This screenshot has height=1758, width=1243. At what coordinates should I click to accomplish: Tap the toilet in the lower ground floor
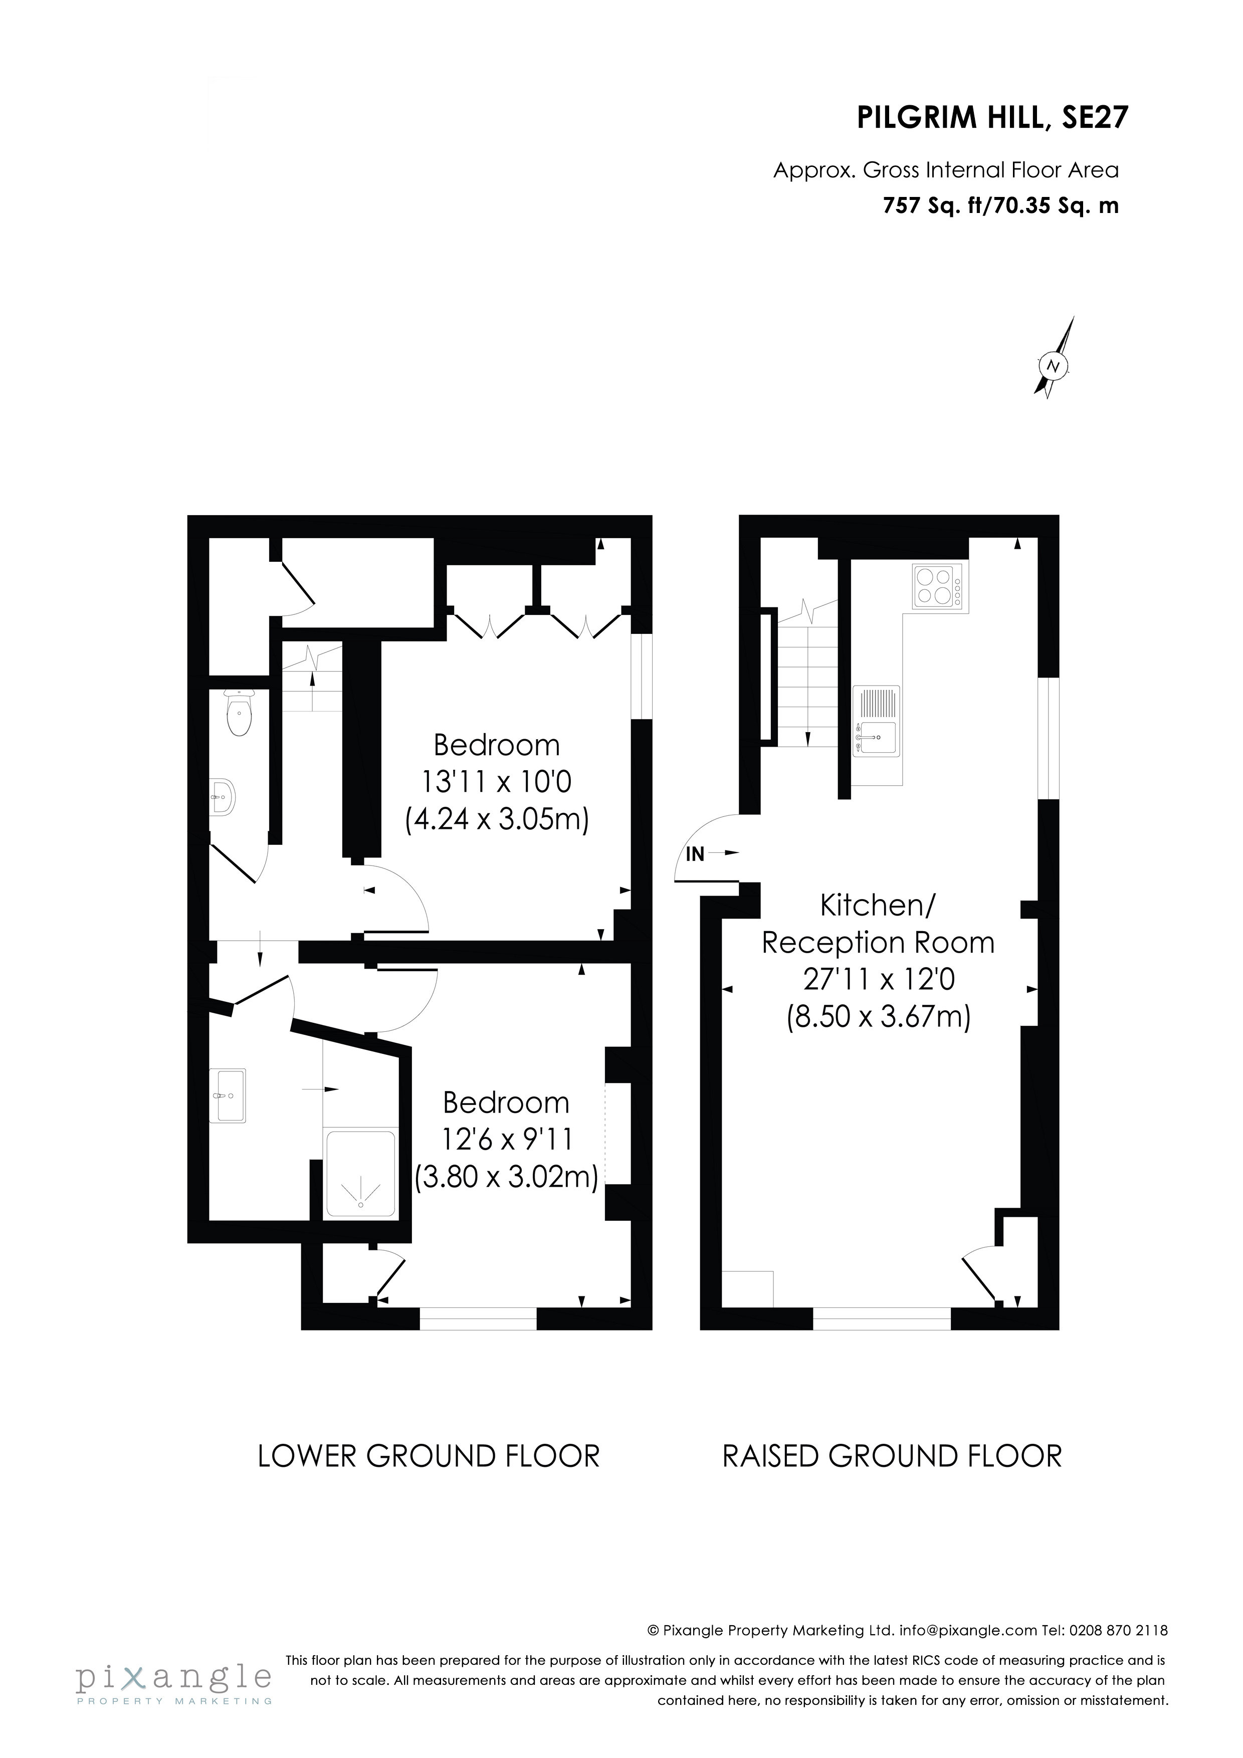(239, 712)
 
